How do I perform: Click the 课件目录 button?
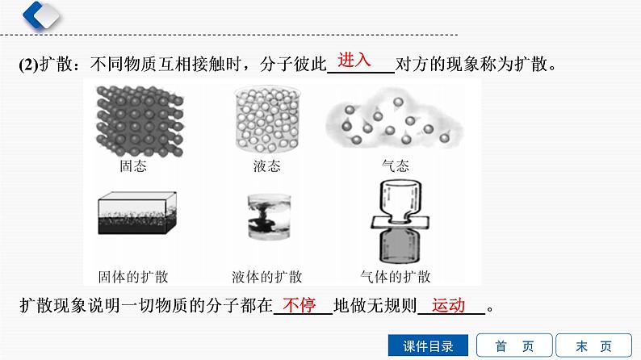[x=428, y=345]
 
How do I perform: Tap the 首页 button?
[x=514, y=345]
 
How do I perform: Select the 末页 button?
[x=593, y=345]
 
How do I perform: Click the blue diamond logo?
[x=41, y=15]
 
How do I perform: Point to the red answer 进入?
[x=354, y=60]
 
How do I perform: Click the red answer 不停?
[x=300, y=305]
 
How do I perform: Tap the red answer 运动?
[x=448, y=305]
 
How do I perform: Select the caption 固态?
[x=133, y=166]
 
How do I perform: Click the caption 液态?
[x=266, y=166]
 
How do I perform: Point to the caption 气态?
[x=396, y=166]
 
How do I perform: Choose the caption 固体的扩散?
[x=133, y=277]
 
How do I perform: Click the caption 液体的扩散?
[x=266, y=277]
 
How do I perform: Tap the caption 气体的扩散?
[x=396, y=277]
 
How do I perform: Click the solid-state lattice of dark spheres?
[x=140, y=121]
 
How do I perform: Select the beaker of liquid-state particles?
[x=267, y=119]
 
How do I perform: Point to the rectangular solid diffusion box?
[x=137, y=212]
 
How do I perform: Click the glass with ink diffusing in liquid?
[x=269, y=216]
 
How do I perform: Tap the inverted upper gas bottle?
[x=400, y=200]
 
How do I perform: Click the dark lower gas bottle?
[x=400, y=245]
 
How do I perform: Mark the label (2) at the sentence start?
[x=28, y=65]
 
